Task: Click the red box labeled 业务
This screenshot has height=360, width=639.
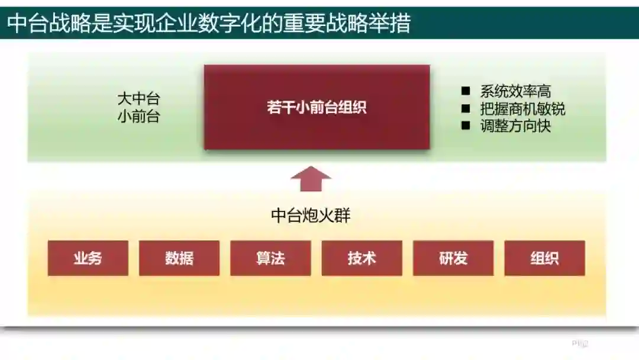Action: (88, 258)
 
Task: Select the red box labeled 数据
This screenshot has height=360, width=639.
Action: (179, 258)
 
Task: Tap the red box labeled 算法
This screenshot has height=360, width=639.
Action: (270, 258)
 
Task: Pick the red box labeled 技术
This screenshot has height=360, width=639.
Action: (362, 258)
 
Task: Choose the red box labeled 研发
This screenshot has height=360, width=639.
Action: (453, 258)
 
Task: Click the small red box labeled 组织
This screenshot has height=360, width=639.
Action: (544, 258)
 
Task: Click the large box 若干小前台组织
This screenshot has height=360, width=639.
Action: (317, 107)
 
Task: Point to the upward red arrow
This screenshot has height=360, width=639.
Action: (311, 179)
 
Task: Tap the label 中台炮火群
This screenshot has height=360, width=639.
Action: (311, 216)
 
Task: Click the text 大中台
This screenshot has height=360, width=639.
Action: (138, 98)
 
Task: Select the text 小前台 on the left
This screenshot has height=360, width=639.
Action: (138, 116)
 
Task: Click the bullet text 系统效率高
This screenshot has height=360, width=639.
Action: (515, 91)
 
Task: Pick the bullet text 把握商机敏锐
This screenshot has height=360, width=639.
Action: (522, 109)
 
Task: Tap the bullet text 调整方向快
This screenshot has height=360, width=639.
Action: (515, 126)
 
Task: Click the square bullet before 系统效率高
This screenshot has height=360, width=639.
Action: (466, 91)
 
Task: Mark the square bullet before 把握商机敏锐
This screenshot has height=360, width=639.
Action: (466, 109)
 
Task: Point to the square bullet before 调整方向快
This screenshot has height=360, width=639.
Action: (466, 126)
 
